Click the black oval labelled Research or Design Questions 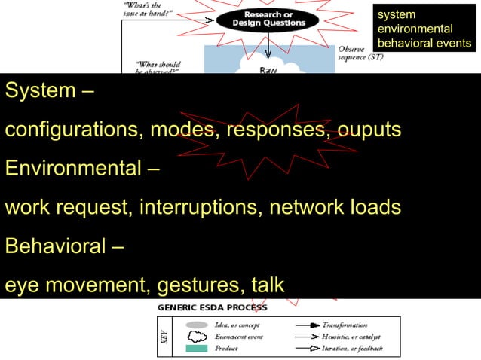(268, 19)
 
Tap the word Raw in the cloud (268, 70)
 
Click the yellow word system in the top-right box (396, 14)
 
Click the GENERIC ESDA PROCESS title (212, 307)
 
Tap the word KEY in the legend (164, 336)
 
